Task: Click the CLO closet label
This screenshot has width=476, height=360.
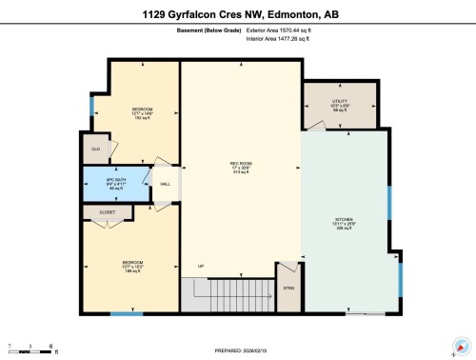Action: point(95,150)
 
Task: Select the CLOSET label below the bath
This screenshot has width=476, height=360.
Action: point(108,212)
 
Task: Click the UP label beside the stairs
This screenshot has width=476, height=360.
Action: point(200,265)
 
